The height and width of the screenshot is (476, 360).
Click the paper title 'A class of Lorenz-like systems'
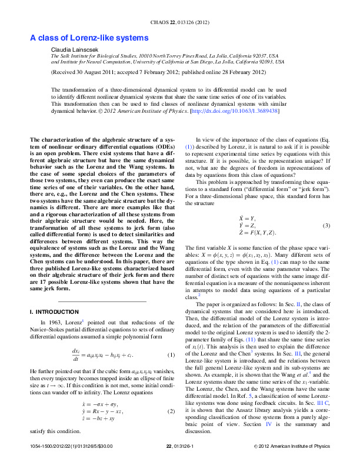(89, 38)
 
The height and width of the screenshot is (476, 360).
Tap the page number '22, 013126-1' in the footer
(183, 464)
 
